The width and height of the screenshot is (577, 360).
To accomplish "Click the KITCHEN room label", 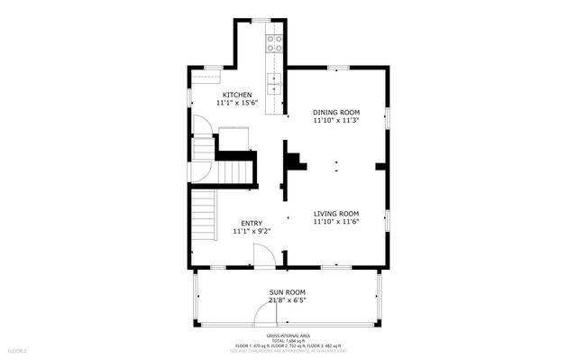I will pyautogui.click(x=237, y=95).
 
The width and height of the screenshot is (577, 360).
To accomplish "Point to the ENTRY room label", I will pyautogui.click(x=252, y=222).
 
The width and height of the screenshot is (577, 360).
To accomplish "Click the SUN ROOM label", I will pyautogui.click(x=288, y=292).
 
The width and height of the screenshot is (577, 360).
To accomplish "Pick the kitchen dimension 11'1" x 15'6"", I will pyautogui.click(x=237, y=104).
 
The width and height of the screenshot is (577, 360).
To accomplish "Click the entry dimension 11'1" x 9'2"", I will pyautogui.click(x=252, y=231).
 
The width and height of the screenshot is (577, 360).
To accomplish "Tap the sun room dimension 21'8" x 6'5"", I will pyautogui.click(x=288, y=301).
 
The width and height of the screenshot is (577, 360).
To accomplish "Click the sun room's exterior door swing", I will pyautogui.click(x=263, y=316).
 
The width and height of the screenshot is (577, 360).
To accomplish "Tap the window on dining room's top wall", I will pyautogui.click(x=337, y=67).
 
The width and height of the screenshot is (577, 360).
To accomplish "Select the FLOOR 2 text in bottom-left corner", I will pyautogui.click(x=18, y=350).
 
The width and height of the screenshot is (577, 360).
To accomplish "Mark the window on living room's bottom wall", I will pyautogui.click(x=336, y=267).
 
